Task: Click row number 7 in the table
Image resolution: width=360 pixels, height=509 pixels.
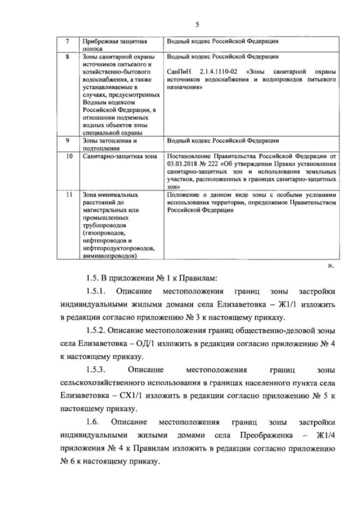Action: pyautogui.click(x=67, y=42)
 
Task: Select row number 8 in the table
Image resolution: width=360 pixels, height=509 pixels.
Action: pyautogui.click(x=67, y=57)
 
